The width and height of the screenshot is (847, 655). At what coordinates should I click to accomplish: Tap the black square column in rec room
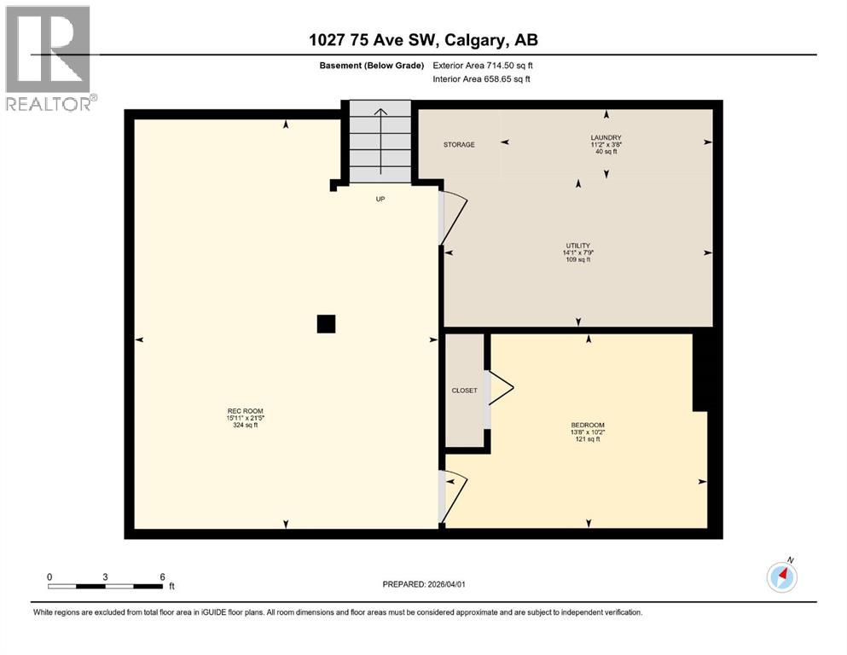coord(326,324)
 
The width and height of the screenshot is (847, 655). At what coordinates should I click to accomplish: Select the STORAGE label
coord(459,145)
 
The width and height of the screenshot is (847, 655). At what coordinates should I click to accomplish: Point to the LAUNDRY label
coord(606,138)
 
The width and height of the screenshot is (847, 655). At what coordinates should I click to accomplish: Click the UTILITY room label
coord(577,246)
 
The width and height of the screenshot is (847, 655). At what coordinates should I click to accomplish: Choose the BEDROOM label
coord(588,426)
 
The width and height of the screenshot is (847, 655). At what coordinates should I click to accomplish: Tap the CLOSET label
coord(465,391)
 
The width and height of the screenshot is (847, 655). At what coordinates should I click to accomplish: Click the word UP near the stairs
coord(381,199)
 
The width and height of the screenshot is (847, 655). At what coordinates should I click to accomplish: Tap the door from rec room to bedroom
coord(453,495)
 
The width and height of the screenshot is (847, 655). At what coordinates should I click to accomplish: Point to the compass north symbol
coord(782,577)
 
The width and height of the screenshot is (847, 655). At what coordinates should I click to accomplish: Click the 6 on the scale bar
coord(162,577)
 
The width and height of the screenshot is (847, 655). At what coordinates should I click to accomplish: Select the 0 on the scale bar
coord(49,577)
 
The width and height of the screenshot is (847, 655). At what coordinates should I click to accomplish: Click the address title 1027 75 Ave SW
coord(423,40)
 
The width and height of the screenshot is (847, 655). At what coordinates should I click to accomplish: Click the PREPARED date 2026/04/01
coord(423,584)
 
